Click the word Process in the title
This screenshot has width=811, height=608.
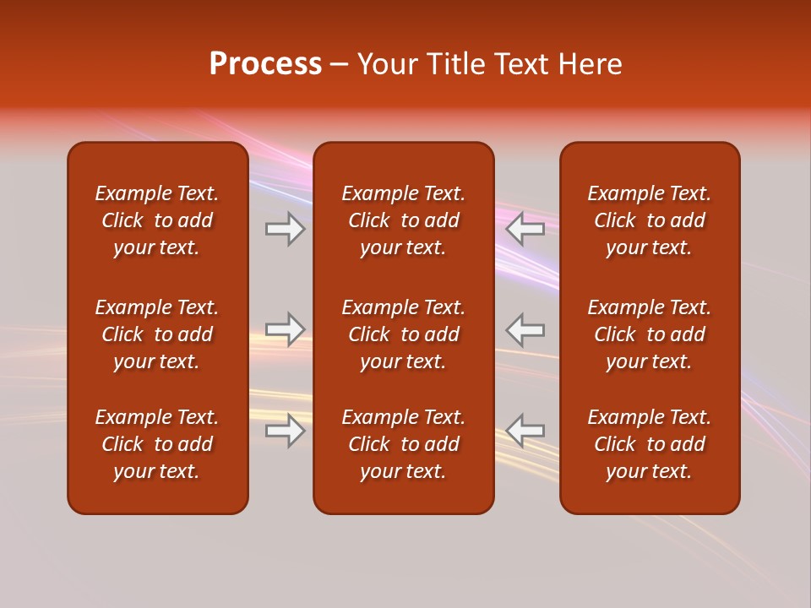[x=265, y=64]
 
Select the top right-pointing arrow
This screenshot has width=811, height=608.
[x=285, y=229]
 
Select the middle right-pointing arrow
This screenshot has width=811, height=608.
[x=285, y=329]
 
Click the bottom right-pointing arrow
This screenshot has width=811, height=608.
[x=285, y=431]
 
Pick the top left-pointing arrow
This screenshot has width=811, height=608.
[x=525, y=229]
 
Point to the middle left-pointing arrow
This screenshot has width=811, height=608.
[x=525, y=329]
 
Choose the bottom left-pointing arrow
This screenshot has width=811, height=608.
[x=525, y=431]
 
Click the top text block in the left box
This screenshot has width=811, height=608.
[x=157, y=220]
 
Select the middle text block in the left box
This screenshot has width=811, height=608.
[x=157, y=334]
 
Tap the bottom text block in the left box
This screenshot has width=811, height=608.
[x=157, y=444]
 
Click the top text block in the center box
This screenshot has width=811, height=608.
[x=404, y=220]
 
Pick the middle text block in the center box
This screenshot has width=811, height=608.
[x=404, y=334]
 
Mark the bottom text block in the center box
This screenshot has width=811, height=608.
[x=404, y=444]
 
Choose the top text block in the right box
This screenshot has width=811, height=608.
[x=650, y=220]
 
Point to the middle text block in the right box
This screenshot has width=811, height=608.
[x=650, y=334]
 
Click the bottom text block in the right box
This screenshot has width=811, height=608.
[x=650, y=444]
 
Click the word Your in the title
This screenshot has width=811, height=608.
[x=386, y=64]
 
